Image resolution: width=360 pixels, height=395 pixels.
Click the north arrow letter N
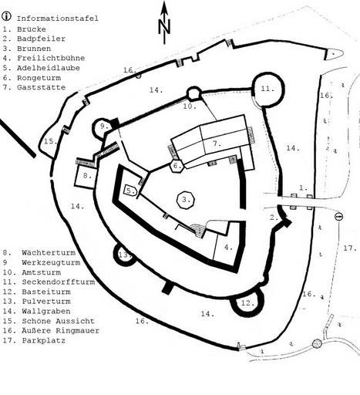(164, 27)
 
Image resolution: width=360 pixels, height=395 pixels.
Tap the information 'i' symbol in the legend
(6, 16)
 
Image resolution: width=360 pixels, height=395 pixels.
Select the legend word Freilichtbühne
(51, 58)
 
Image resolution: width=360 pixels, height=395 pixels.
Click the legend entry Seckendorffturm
(59, 282)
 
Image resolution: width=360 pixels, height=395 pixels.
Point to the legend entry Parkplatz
(44, 340)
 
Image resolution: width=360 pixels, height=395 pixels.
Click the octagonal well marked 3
(186, 200)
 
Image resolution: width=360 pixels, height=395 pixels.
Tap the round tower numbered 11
(268, 89)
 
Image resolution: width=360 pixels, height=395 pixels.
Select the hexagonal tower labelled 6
(177, 166)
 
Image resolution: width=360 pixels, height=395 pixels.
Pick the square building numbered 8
(86, 176)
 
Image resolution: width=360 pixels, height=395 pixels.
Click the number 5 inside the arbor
(130, 191)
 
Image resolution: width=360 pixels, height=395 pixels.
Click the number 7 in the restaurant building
(217, 143)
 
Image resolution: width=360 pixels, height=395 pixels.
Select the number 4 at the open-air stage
(228, 248)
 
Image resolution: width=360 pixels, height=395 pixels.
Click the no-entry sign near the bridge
(338, 217)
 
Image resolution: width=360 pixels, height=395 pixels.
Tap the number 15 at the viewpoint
(50, 141)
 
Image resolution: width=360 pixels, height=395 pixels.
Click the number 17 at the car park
(350, 248)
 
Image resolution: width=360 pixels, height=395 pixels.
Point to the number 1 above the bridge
(303, 187)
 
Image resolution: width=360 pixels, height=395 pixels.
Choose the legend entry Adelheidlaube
(49, 68)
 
